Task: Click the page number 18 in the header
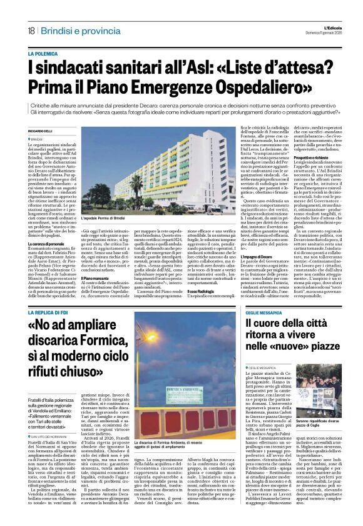(x=31, y=31)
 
